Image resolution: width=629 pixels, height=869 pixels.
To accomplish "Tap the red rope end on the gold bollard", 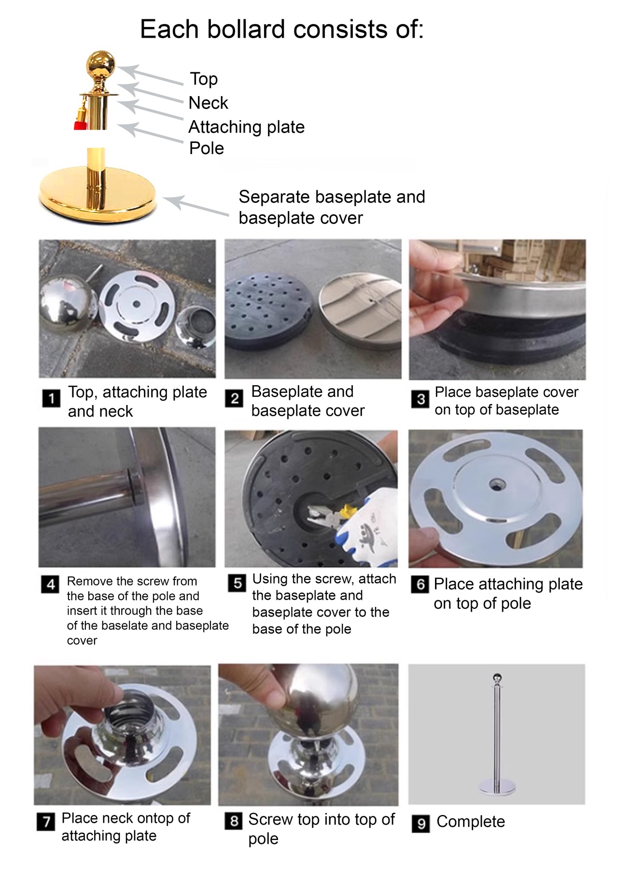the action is point(80,125).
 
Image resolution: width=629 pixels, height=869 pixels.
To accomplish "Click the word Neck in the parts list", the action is point(208,103).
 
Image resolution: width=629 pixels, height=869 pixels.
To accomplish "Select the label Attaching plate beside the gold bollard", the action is point(246,127).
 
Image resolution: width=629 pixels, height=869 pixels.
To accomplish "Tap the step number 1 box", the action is point(51,398).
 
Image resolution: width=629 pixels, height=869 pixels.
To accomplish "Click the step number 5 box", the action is point(237,583).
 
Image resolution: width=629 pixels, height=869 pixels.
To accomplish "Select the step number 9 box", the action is point(420,823).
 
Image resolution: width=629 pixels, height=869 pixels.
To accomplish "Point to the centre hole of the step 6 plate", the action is point(494,484).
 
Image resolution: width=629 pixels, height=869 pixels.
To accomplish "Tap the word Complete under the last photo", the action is point(471,822).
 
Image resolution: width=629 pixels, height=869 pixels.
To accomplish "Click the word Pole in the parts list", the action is point(207,148).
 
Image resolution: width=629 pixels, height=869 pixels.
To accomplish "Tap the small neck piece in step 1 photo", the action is point(196,326).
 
